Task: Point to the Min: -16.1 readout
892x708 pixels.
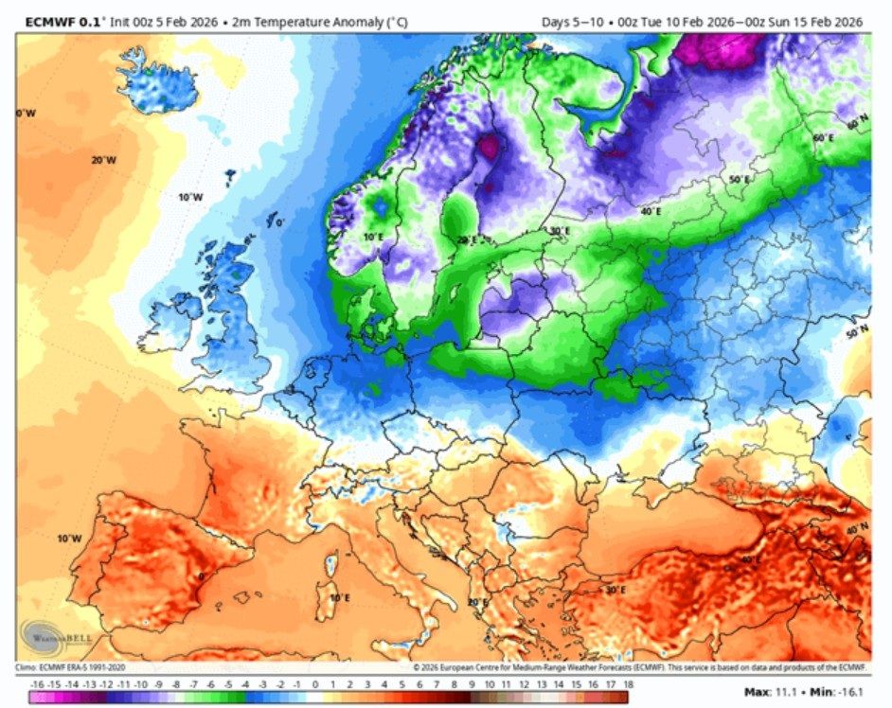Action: click(x=838, y=693)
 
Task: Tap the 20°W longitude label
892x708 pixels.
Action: click(x=103, y=160)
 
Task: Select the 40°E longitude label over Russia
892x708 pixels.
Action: click(x=651, y=212)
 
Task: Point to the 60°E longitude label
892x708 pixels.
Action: click(x=824, y=138)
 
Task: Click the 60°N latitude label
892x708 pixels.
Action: click(x=856, y=124)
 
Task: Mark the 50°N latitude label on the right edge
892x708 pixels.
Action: click(x=857, y=333)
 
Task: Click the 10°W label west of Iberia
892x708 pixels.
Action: click(x=68, y=539)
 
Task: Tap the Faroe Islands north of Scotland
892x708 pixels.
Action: click(x=230, y=176)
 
